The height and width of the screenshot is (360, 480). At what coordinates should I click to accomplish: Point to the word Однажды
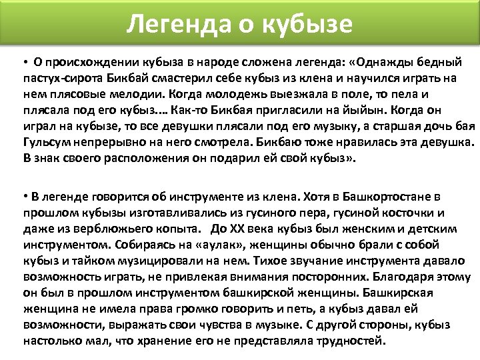[386, 63]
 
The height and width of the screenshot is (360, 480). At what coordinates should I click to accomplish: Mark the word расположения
[141, 159]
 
